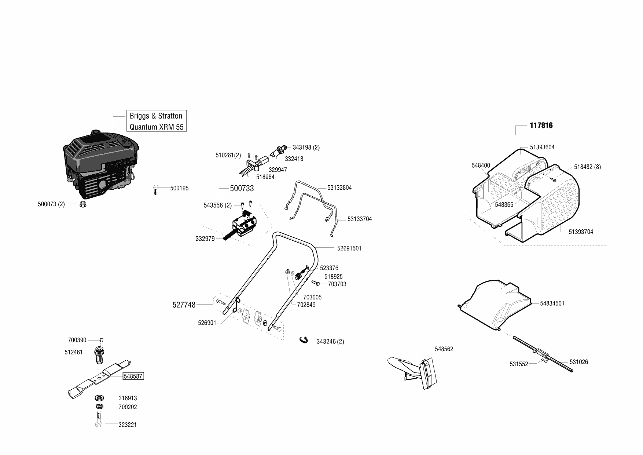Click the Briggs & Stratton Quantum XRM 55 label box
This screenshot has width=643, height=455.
pyautogui.click(x=156, y=121)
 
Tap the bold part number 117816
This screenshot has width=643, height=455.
pyautogui.click(x=541, y=125)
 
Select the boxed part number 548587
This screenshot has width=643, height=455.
pyautogui.click(x=133, y=376)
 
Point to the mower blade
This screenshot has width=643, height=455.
pyautogui.click(x=99, y=378)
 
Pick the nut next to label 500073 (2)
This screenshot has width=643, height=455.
pyautogui.click(x=82, y=204)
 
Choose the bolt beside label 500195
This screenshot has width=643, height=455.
pyautogui.click(x=155, y=190)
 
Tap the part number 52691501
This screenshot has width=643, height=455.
pyautogui.click(x=349, y=248)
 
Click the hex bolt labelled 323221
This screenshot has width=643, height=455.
pyautogui.click(x=99, y=421)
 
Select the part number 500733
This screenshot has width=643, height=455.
pyautogui.click(x=242, y=189)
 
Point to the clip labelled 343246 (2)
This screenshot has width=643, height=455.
pyautogui.click(x=304, y=340)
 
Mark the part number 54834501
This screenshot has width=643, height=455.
pyautogui.click(x=552, y=303)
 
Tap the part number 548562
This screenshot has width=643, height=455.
pyautogui.click(x=444, y=349)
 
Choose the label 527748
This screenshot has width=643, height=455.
pyautogui.click(x=184, y=305)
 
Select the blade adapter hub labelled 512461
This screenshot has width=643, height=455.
pyautogui.click(x=99, y=354)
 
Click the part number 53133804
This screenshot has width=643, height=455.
pyautogui.click(x=339, y=188)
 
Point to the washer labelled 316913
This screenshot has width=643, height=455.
pyautogui.click(x=99, y=397)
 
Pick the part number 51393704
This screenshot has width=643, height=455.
pyautogui.click(x=581, y=232)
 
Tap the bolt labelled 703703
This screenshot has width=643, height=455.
pyautogui.click(x=316, y=283)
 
